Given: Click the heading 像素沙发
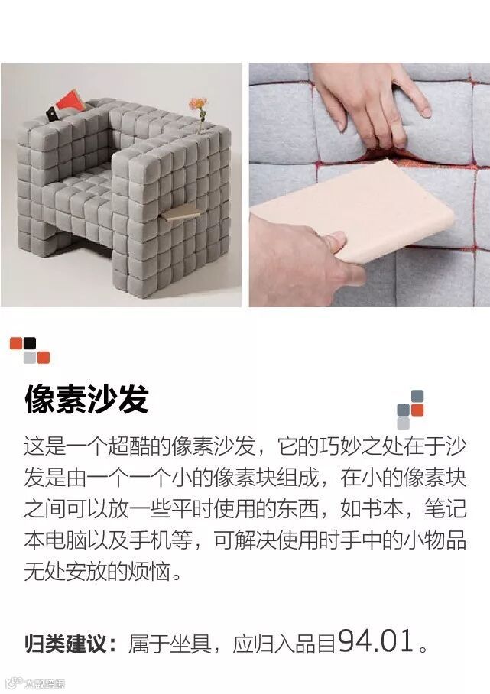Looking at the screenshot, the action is point(86,400).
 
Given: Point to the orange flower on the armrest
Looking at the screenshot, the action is point(197,105).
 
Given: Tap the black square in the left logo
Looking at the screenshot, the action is point(30,343).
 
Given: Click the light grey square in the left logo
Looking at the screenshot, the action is point(30,357).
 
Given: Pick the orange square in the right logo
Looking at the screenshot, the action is point(417,410).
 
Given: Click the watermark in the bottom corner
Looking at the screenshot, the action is point(36,684).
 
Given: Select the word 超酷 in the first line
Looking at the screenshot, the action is point(129,446).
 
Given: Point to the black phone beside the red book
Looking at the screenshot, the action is point(51,113).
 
